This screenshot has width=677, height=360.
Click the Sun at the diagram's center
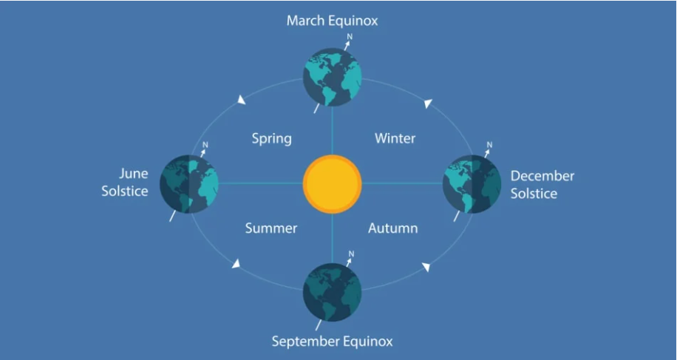point(332,184)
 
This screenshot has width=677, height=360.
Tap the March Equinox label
point(332,21)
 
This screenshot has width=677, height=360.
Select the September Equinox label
point(332,342)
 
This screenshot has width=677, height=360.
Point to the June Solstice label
point(125,182)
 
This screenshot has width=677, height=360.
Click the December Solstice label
point(542,185)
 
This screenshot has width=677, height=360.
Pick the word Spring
point(271,139)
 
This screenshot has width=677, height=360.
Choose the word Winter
point(395,138)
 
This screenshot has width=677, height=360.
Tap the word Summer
point(271,228)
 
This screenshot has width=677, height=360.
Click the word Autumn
point(393,228)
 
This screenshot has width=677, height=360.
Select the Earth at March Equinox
point(332,77)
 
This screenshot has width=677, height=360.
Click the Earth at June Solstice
point(189,184)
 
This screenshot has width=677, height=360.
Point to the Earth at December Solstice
point(472,184)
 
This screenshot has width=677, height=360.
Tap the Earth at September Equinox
point(332,292)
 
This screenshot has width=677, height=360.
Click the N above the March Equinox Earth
point(350,37)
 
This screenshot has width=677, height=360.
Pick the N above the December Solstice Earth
point(489,145)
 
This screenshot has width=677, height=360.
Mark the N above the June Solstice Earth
point(205,145)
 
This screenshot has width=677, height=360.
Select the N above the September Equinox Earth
point(351,254)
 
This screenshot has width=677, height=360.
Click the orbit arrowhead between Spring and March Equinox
point(242,100)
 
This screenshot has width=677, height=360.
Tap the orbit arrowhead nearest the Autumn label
point(426,267)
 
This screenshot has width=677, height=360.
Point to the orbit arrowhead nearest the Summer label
point(236,263)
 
